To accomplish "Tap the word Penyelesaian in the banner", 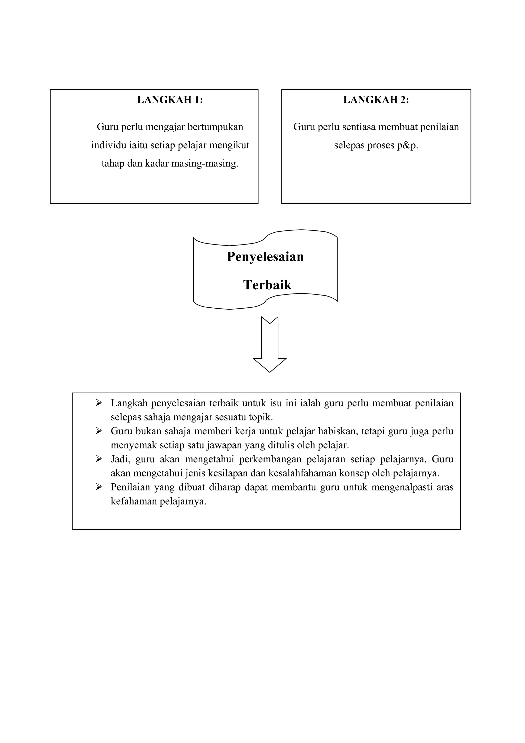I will tap(265, 257).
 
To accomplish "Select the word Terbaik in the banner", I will tap(267, 285).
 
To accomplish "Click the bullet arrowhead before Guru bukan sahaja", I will tap(99, 431).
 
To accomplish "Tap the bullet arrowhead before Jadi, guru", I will tap(99, 459).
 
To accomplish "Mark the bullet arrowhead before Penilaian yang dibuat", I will tap(99, 487).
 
